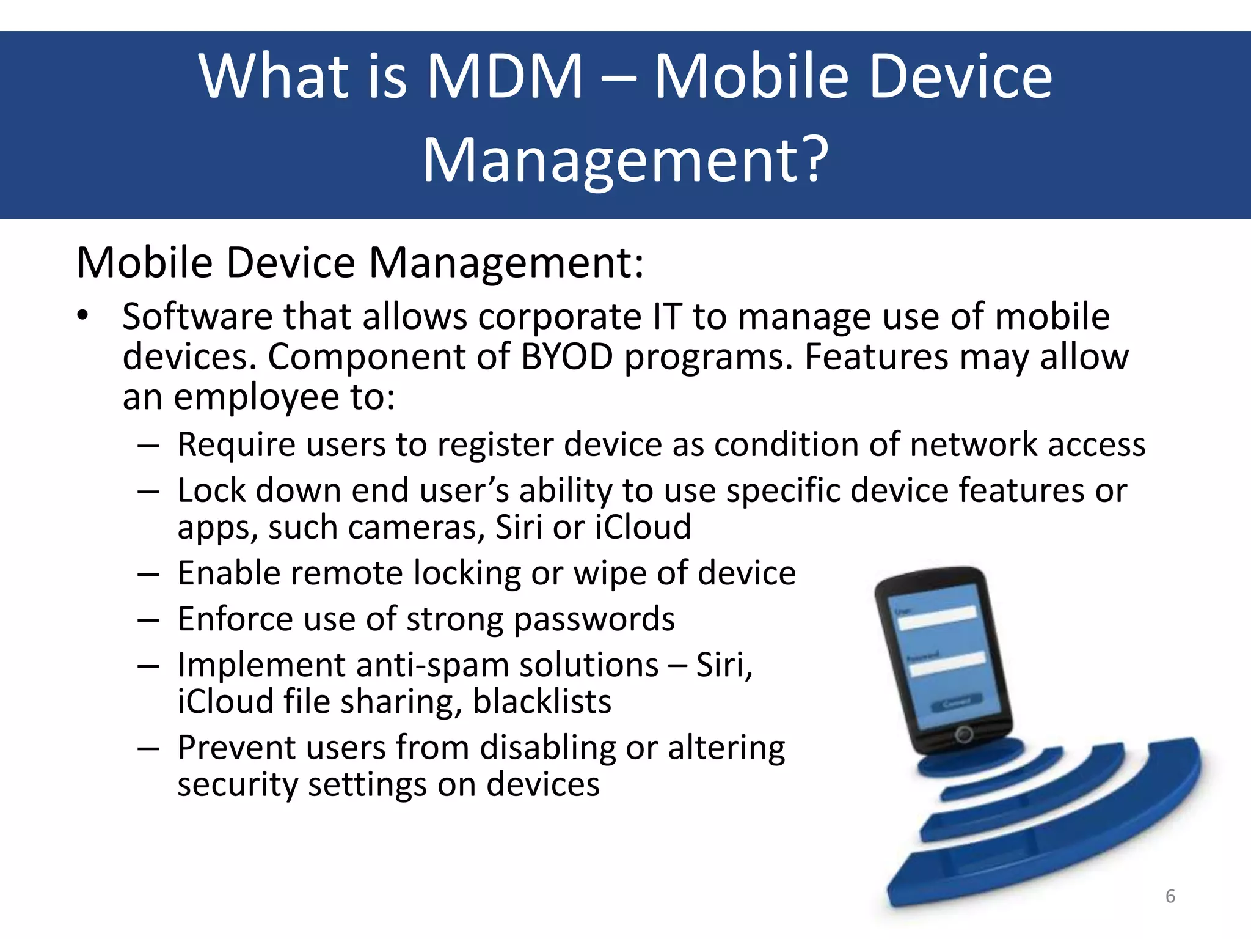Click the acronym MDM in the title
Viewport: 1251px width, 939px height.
505,76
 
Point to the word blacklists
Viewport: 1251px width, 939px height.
542,702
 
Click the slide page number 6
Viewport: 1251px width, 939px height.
1170,896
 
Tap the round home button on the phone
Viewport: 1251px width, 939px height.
963,734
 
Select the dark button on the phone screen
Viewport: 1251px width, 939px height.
956,702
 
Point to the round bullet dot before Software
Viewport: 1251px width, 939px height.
83,316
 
